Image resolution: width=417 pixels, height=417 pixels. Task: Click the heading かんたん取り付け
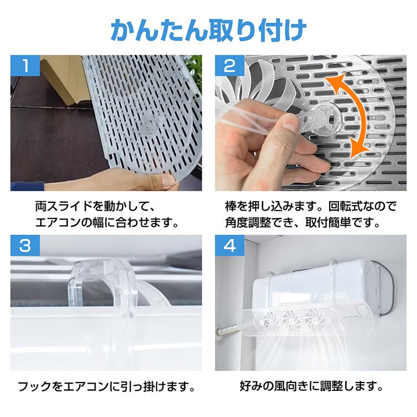(x=209, y=29)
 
